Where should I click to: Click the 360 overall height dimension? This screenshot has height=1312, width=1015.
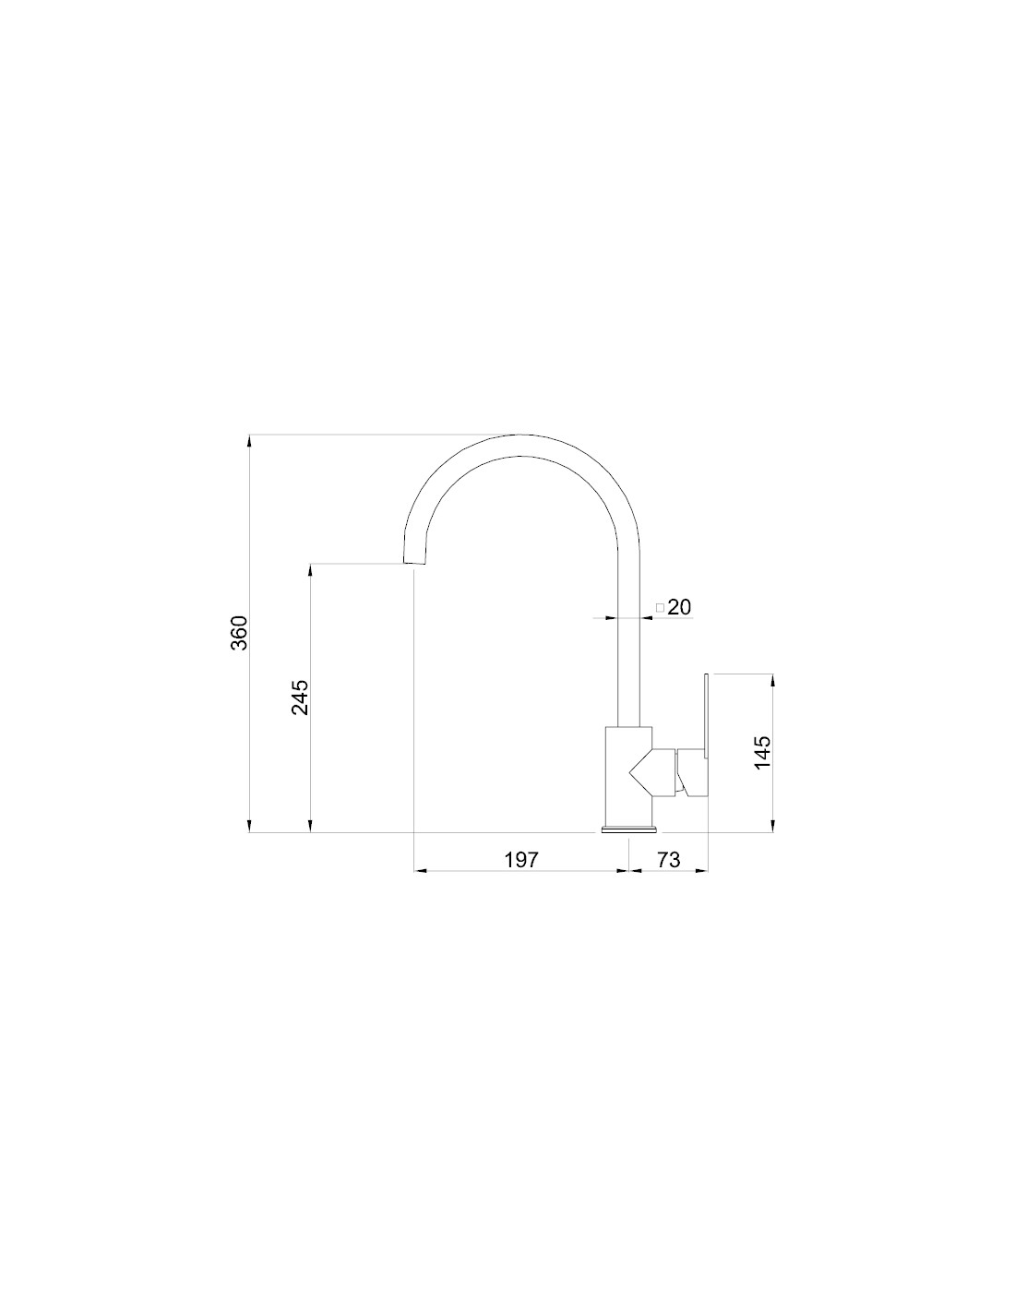(x=240, y=632)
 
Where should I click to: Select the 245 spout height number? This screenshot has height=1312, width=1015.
(x=300, y=698)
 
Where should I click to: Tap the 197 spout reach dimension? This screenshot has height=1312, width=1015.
(x=521, y=859)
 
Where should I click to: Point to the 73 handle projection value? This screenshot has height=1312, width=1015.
(x=668, y=859)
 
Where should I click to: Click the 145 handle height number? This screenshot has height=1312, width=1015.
(x=762, y=752)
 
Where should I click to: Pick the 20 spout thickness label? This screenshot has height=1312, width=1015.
(x=679, y=607)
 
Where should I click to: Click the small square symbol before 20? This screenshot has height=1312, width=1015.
(x=660, y=608)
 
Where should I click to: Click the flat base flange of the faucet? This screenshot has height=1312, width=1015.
(x=628, y=829)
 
